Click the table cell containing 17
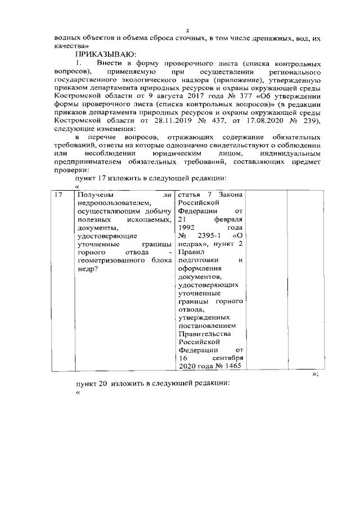pos(58,195)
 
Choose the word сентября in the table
pos(228,358)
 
